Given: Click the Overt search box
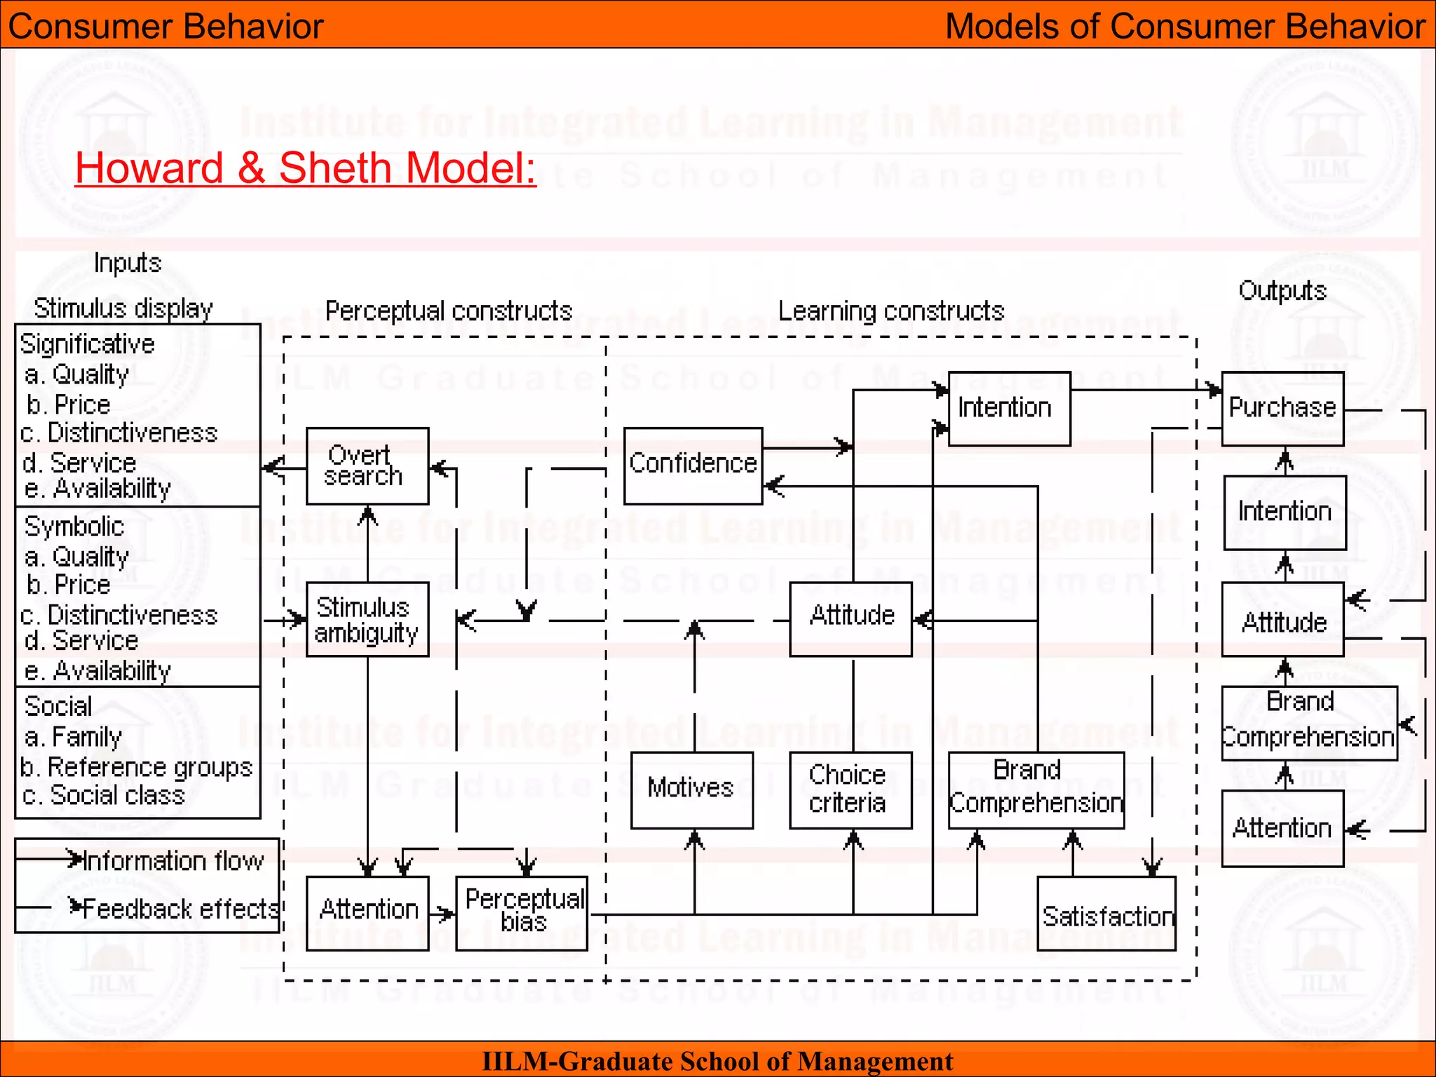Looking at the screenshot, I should click(367, 466).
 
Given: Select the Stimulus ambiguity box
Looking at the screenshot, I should click(367, 619).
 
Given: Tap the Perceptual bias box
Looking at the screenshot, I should click(522, 913).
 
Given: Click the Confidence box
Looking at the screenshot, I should click(693, 466).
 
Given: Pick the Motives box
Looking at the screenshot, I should click(691, 790).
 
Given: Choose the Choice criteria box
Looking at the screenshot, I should click(851, 790).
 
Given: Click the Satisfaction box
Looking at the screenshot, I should click(1106, 914).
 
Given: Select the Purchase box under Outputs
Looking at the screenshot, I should click(1282, 409).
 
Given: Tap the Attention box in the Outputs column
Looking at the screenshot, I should click(1282, 828).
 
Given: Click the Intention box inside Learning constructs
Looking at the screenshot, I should click(1009, 409).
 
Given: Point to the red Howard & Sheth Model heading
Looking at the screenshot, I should click(306, 168).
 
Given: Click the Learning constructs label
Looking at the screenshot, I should click(891, 311).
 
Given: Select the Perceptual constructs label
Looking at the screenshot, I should click(449, 311).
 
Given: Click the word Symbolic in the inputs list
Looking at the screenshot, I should click(74, 526).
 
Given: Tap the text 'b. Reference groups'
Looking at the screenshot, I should click(136, 767).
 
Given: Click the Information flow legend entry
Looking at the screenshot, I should click(172, 860).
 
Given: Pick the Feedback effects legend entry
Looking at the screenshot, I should click(180, 909).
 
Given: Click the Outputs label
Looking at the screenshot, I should click(1282, 290).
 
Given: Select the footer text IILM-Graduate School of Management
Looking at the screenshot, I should click(717, 1061).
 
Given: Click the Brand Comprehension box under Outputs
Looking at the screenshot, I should click(1308, 723).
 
